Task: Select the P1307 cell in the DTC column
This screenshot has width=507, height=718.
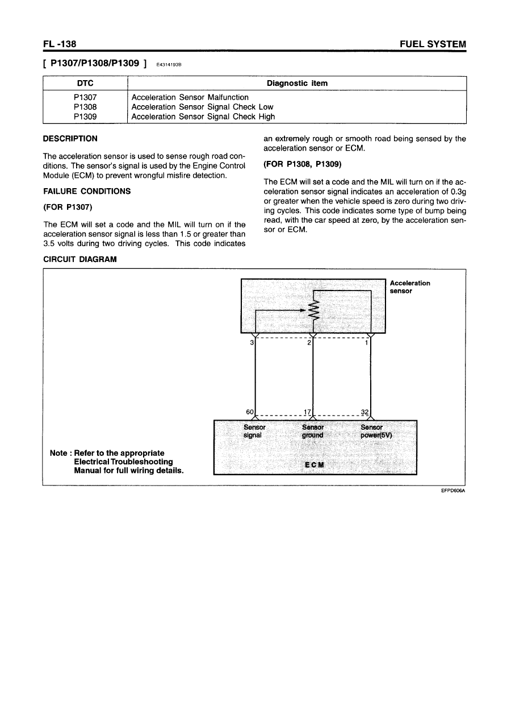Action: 83,97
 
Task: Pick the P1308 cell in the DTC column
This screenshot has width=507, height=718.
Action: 83,107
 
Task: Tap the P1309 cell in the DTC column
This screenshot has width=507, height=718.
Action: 83,117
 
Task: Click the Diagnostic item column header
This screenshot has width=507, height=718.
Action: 296,84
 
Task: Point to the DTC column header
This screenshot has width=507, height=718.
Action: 83,84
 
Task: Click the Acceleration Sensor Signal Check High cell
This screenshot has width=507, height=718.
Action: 203,117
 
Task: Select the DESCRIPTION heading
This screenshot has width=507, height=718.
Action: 70,139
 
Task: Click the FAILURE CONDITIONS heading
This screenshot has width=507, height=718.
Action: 87,191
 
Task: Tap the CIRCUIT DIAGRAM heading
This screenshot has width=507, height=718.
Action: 80,259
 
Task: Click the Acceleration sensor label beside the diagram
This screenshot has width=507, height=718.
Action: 409,287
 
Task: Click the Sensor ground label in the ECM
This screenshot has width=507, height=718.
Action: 313,431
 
